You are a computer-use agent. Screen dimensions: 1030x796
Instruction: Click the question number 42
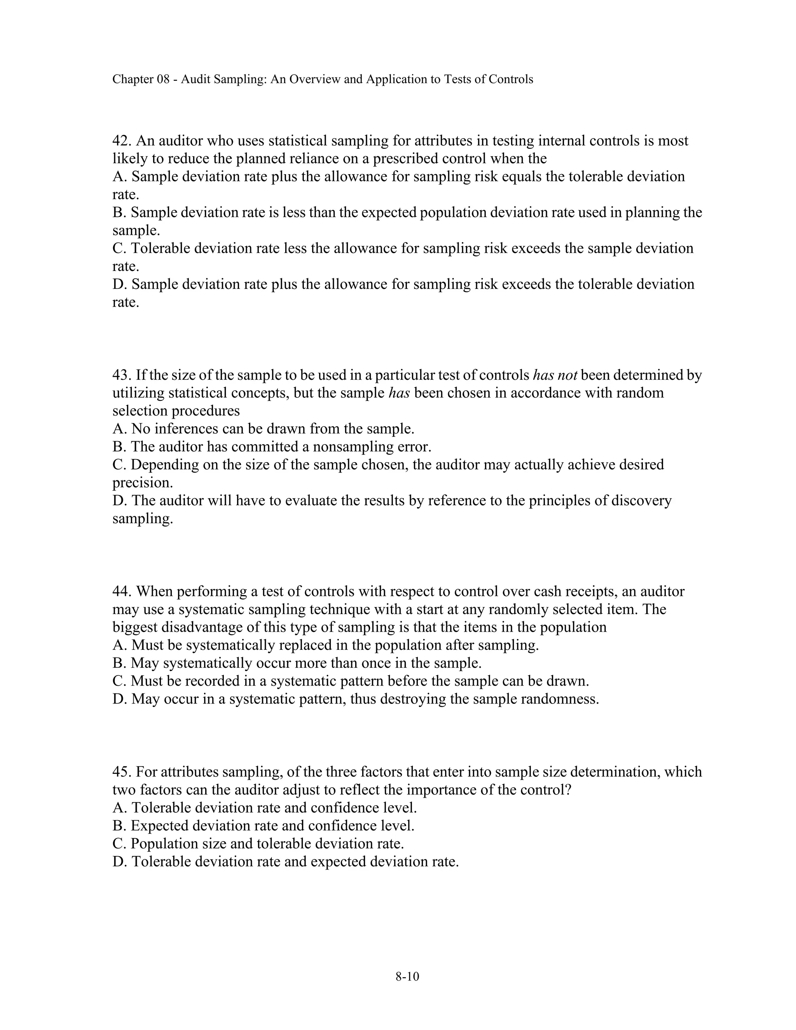coord(122,141)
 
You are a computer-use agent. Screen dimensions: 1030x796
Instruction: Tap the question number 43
coord(122,375)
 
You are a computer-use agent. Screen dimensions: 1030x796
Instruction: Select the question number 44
coord(122,592)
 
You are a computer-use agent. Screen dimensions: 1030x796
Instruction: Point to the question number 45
coord(122,772)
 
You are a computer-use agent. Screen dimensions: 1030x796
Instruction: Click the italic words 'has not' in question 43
coord(555,375)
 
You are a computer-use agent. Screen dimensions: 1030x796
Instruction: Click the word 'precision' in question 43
coord(141,482)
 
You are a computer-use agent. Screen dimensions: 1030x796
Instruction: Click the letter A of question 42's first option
coord(118,176)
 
